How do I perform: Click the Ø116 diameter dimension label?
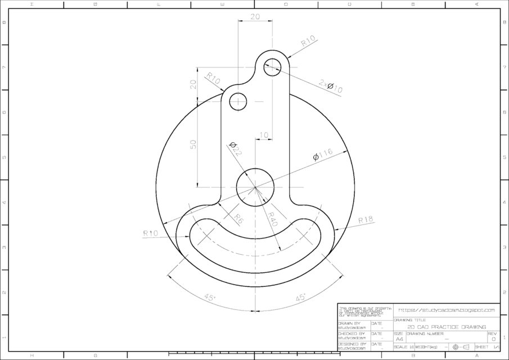(x=323, y=155)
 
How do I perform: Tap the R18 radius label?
(x=366, y=219)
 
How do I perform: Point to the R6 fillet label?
(x=237, y=218)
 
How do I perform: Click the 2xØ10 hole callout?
(x=331, y=86)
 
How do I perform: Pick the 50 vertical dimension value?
(x=193, y=143)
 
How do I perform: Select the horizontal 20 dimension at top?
(x=255, y=17)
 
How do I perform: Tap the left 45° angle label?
(x=209, y=298)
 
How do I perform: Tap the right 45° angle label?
(x=300, y=297)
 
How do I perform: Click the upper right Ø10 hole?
(x=273, y=65)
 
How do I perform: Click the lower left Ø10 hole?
(x=238, y=102)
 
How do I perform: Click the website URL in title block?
(x=446, y=310)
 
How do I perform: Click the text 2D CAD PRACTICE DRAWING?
(x=447, y=327)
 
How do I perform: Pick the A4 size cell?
(x=399, y=339)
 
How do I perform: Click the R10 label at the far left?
(x=151, y=232)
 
